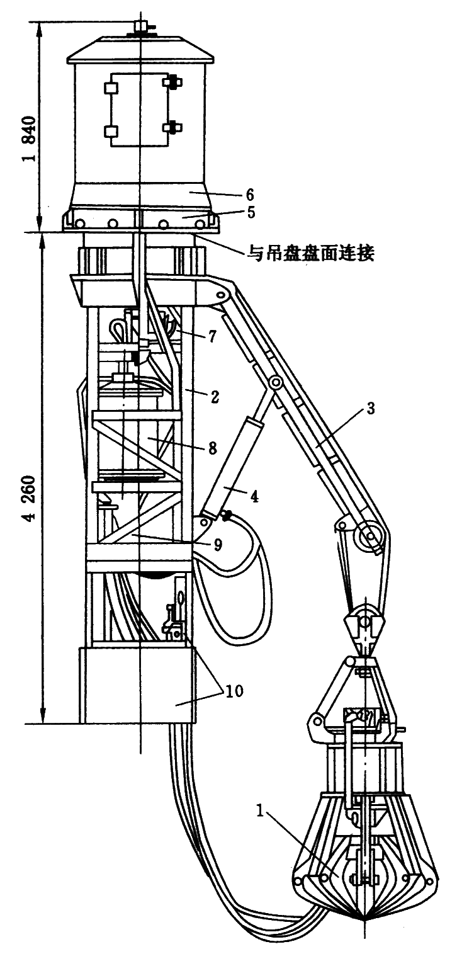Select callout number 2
[215, 396]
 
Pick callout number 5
[251, 212]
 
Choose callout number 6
[251, 193]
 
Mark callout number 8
[212, 448]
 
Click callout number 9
[217, 544]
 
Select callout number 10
[233, 691]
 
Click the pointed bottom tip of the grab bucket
[364, 921]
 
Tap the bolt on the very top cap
[140, 27]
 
